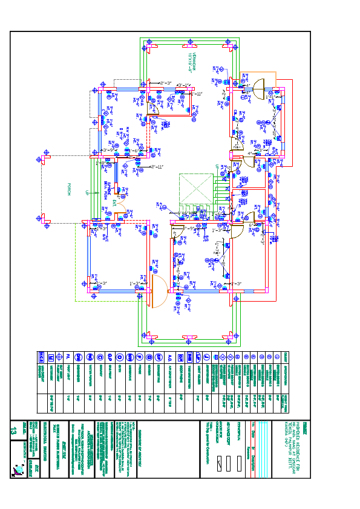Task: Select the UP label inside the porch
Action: click(87, 193)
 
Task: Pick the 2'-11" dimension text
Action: click(157, 166)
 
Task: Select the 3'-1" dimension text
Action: click(183, 85)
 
